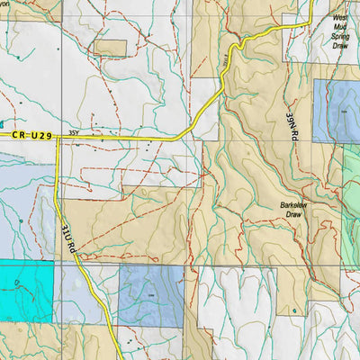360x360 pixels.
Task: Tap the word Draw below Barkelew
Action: [x=294, y=216]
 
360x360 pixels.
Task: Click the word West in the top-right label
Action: [x=339, y=17]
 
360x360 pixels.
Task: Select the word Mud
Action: [x=339, y=26]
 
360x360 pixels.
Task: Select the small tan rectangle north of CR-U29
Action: [x=110, y=48]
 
